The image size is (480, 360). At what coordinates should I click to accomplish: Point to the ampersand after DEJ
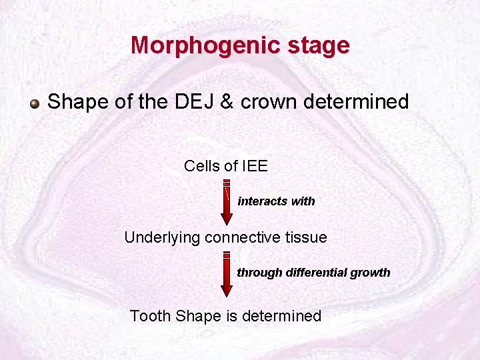click(x=223, y=102)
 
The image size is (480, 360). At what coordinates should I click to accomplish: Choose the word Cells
click(x=201, y=166)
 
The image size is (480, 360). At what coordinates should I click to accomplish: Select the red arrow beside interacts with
click(x=227, y=203)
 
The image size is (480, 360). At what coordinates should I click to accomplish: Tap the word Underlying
click(x=162, y=237)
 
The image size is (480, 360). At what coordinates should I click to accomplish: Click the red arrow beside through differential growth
click(x=227, y=274)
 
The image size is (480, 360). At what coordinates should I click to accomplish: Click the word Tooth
click(x=150, y=315)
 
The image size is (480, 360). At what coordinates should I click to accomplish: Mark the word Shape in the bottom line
click(x=195, y=315)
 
